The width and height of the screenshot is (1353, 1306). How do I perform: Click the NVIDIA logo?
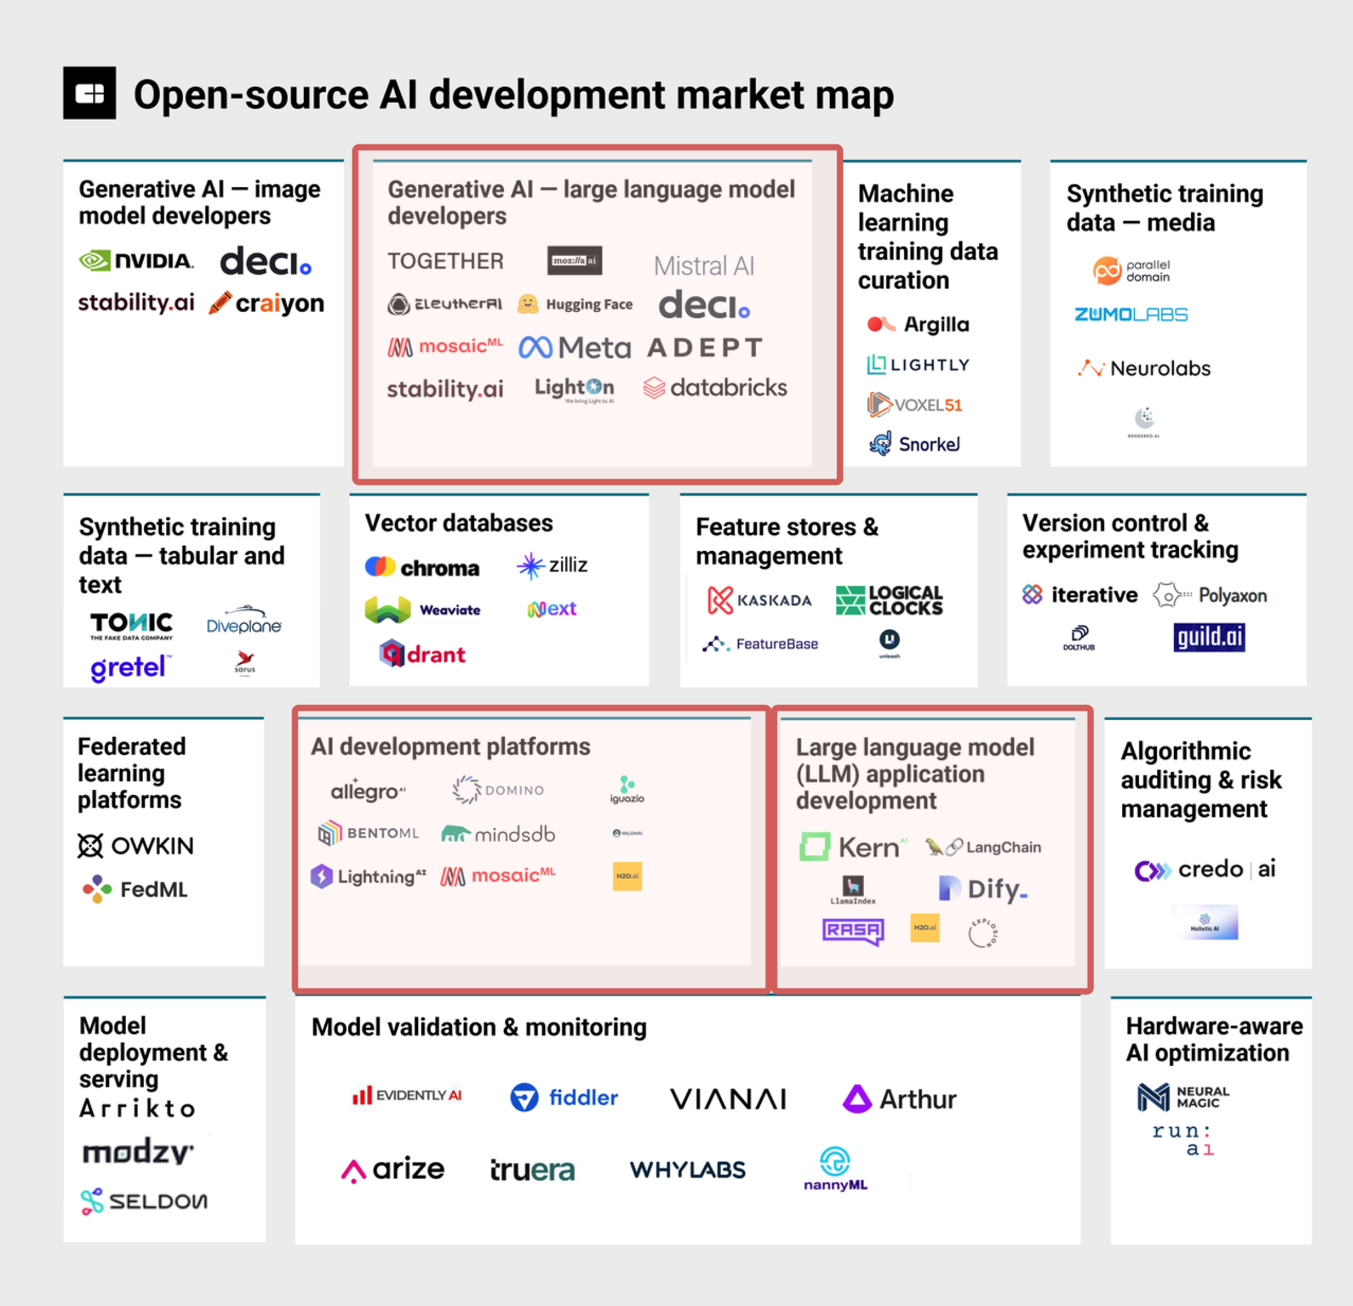[136, 261]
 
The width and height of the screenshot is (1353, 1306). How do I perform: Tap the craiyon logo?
[267, 303]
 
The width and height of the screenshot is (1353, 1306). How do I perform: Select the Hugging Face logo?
[575, 304]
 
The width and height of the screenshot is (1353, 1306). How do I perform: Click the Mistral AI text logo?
[703, 266]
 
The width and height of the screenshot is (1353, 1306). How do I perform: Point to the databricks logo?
[714, 388]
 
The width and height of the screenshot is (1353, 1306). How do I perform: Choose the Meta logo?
[574, 347]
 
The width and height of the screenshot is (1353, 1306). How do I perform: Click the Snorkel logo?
[914, 444]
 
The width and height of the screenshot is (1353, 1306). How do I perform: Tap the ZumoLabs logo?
[1131, 315]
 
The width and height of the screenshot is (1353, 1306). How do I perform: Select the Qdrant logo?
[422, 653]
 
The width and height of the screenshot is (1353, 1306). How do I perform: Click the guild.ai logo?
[1209, 637]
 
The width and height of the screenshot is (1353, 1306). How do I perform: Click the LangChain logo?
[983, 847]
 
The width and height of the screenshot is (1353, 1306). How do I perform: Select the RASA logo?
[853, 931]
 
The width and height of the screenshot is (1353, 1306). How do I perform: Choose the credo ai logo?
[1205, 870]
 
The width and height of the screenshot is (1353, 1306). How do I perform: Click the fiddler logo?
[564, 1097]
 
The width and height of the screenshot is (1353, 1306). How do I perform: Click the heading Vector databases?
[458, 523]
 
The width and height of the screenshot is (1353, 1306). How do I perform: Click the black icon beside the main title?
[90, 93]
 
